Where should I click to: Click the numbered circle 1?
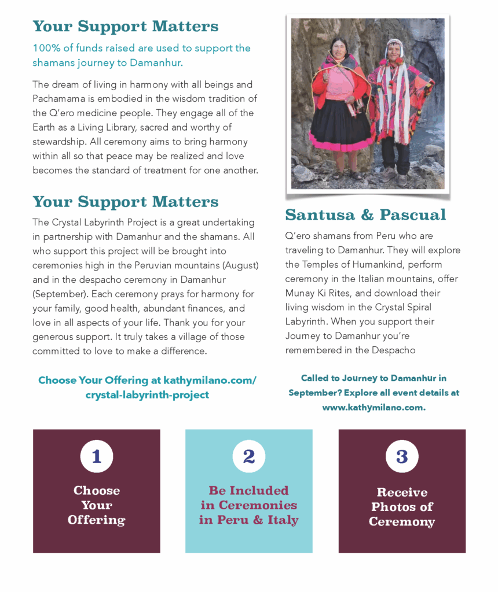coord(96,457)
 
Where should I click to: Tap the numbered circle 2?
coord(249,457)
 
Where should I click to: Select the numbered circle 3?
coord(402,457)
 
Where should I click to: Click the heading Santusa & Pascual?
coord(365,215)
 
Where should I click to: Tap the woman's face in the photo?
coord(339,47)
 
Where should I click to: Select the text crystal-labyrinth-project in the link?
coord(147,395)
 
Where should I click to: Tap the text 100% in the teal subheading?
coord(45,48)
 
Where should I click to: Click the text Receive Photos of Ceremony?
coord(402,507)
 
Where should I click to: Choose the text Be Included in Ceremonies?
coord(249,498)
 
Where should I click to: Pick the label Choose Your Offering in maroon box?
coord(96,505)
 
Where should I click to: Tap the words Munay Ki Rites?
coord(321,293)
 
